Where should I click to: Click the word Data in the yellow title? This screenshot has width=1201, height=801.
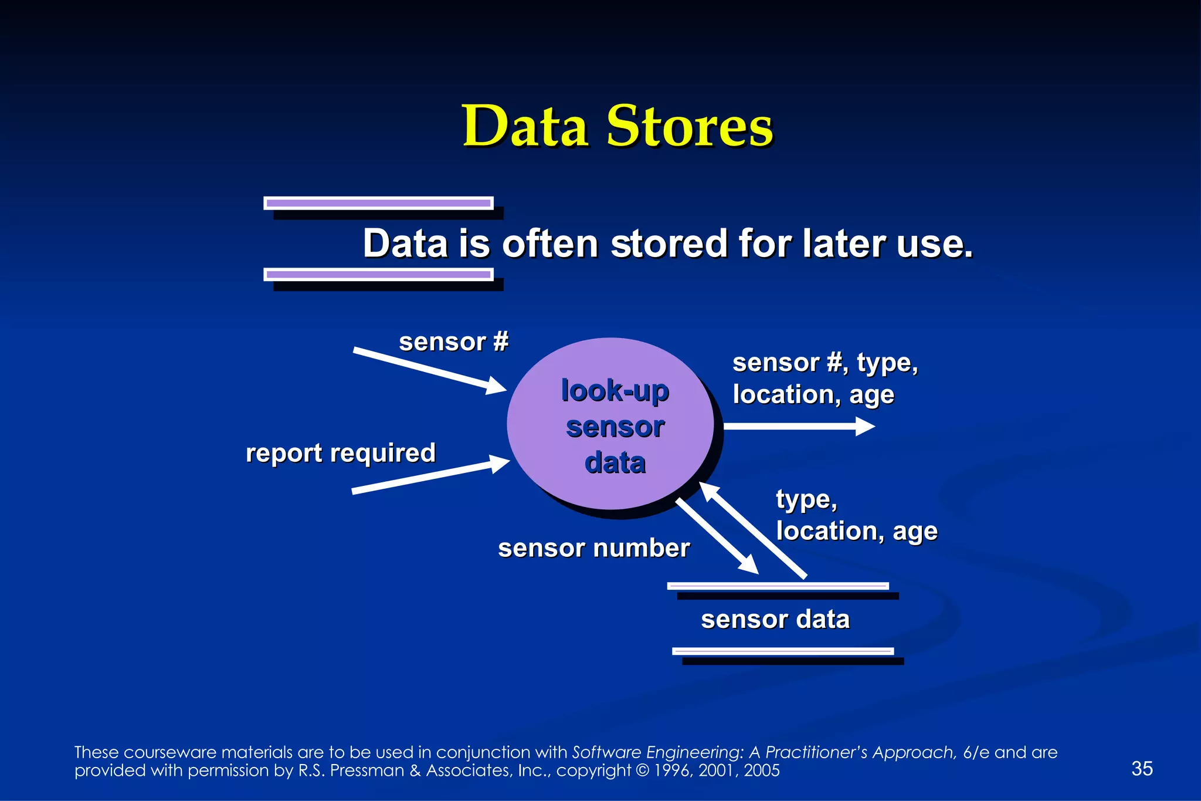coord(525,126)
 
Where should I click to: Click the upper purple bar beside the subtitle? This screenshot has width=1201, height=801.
coord(379,203)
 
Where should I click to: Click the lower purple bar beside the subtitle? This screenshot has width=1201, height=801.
coord(379,274)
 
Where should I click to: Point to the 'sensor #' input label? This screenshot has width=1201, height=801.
coord(453,342)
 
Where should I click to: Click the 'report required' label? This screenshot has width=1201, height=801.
coord(341,453)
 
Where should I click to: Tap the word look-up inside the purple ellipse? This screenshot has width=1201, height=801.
coord(615,391)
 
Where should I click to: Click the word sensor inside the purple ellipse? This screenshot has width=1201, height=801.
coord(615,427)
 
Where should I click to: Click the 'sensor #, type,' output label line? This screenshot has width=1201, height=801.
coord(825,363)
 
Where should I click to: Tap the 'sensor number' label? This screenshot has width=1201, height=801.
coord(593,548)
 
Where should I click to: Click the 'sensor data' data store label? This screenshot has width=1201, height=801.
coord(775,619)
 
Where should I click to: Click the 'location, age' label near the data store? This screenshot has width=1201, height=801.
coord(857,531)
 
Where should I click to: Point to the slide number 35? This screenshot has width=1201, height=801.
coord(1142,768)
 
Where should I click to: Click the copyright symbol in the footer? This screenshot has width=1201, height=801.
coord(642,770)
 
